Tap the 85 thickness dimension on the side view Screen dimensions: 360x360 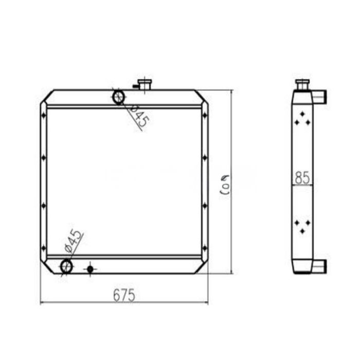click(302, 178)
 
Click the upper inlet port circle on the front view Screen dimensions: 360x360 click(118, 96)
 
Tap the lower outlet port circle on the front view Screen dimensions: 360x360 click(66, 266)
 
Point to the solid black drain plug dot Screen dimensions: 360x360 click(91, 268)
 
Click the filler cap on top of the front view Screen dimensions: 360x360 click(145, 84)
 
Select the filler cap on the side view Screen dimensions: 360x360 click(302, 84)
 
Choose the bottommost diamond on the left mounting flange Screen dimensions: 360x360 click(44, 252)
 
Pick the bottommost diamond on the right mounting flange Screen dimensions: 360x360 click(205, 252)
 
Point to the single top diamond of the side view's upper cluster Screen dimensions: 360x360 click(302, 114)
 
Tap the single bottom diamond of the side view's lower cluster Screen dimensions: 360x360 click(302, 232)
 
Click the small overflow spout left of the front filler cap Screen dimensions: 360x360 click(135, 86)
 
